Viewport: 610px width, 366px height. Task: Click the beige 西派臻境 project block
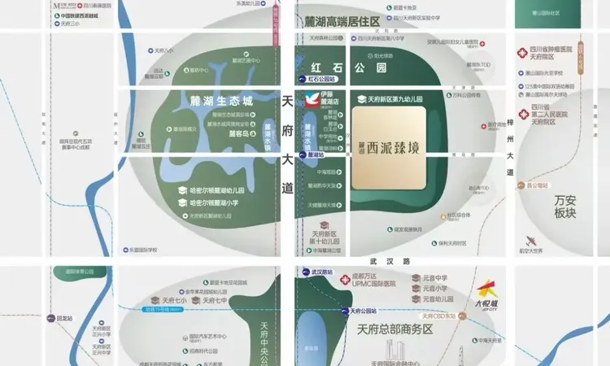point(389,149)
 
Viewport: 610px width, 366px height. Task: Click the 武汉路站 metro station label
point(321,272)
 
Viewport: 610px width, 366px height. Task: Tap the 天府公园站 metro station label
point(362,311)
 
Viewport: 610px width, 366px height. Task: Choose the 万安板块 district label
point(565,206)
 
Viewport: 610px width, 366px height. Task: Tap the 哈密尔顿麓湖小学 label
point(213,203)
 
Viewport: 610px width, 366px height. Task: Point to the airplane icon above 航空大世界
point(531,241)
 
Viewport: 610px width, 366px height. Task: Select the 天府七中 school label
point(174,300)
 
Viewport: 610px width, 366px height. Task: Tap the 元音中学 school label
point(434,277)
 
